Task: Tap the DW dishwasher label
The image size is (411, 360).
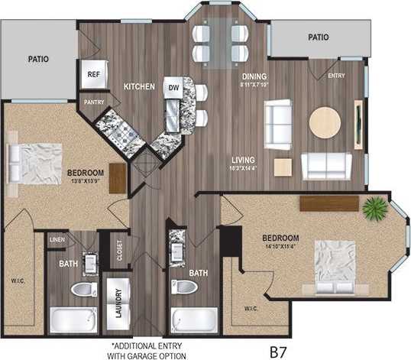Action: [x=174, y=88]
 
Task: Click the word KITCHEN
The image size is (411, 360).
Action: [x=140, y=87]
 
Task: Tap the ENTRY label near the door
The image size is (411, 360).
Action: [x=336, y=76]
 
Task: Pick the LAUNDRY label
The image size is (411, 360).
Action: [x=119, y=300]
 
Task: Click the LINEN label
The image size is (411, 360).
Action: [x=57, y=240]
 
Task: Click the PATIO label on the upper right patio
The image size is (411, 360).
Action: [x=318, y=36]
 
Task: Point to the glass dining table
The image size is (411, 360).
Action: [x=218, y=43]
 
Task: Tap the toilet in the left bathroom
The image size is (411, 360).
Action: [x=83, y=291]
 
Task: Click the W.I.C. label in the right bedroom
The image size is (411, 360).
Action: [x=252, y=309]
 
